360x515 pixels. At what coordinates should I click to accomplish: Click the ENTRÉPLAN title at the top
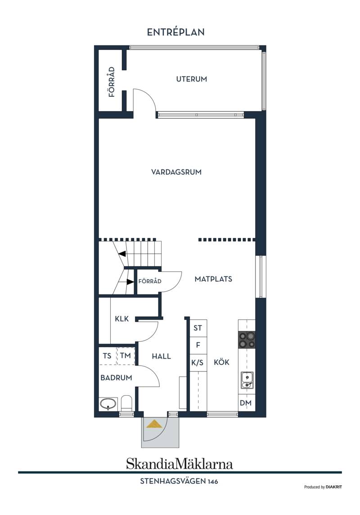tap(175, 32)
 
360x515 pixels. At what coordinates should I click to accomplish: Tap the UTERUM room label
tap(191, 79)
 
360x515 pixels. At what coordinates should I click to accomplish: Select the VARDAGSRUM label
tap(176, 172)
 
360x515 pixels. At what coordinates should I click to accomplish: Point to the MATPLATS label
tap(213, 279)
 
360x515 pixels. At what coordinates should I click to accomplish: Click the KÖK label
tap(221, 362)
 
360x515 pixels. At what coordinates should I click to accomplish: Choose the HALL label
tap(162, 356)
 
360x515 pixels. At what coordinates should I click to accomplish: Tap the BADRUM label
tap(116, 378)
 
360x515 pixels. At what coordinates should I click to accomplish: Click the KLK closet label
tap(122, 319)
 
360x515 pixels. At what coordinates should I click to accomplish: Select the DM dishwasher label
tap(246, 402)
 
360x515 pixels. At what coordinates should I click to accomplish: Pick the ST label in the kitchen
tap(198, 328)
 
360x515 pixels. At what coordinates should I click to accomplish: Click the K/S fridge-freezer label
tap(198, 362)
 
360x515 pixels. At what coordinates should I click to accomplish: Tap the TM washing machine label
tap(126, 355)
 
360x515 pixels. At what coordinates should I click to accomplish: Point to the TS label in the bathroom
tap(107, 356)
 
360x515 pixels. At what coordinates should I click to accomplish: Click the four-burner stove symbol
tap(247, 340)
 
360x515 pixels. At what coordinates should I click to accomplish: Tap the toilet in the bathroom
tap(126, 403)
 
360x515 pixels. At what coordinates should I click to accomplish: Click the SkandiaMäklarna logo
tap(180, 464)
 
